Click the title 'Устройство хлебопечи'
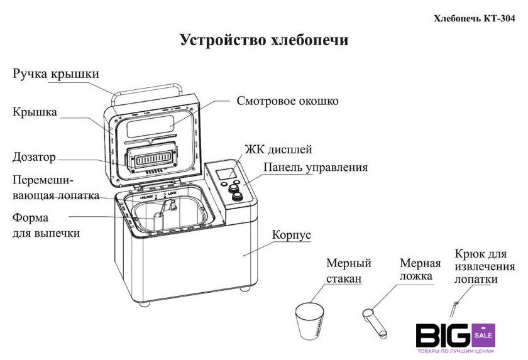tap(264, 40)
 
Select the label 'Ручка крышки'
tap(56, 74)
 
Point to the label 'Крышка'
tap(35, 112)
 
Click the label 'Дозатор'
tap(35, 156)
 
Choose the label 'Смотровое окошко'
tap(288, 101)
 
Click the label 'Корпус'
tap(291, 235)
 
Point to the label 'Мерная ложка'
tap(420, 270)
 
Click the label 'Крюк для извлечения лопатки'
tap(480, 267)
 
